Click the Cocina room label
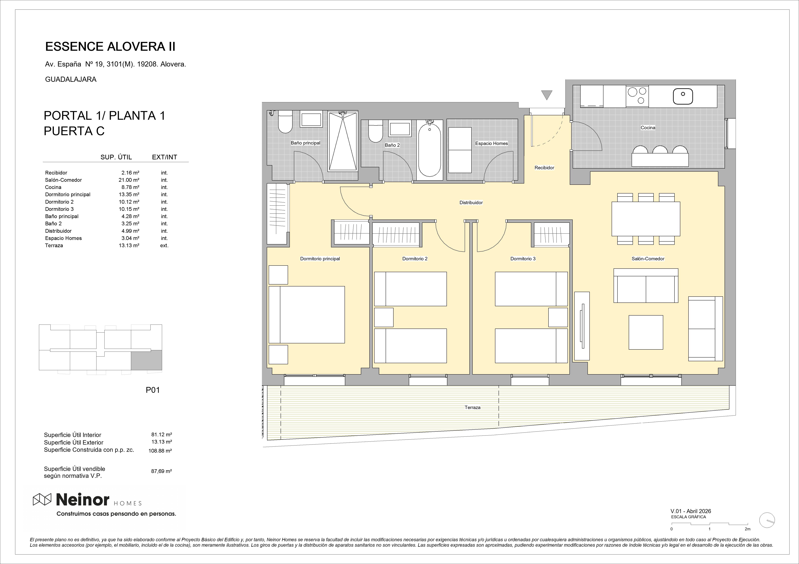click(648, 128)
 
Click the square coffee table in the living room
click(646, 332)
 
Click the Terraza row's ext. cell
click(164, 245)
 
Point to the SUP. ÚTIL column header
click(116, 157)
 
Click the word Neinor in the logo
click(83, 500)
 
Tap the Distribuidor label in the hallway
click(471, 203)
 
